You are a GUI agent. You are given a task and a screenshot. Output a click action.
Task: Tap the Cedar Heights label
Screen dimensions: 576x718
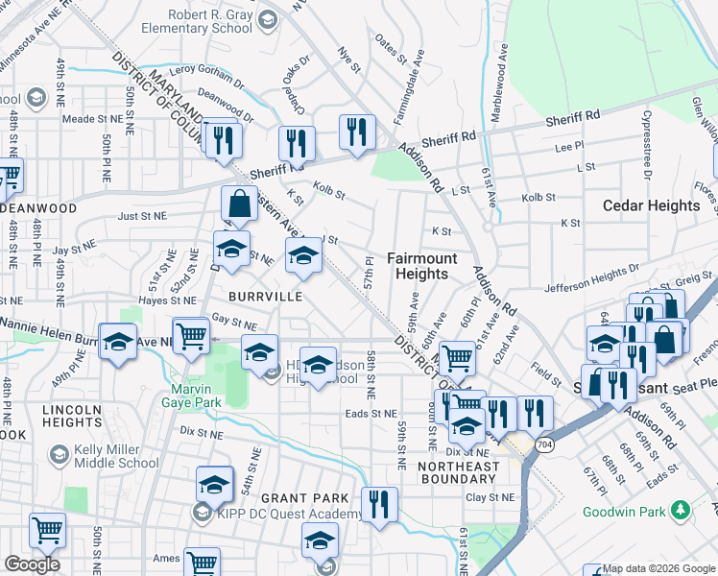[651, 205]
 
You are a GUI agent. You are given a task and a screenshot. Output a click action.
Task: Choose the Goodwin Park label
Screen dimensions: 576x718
[626, 511]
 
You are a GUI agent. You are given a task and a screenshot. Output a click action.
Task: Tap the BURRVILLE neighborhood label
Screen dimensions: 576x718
[265, 297]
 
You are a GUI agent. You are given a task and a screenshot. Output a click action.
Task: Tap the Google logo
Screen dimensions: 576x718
[32, 564]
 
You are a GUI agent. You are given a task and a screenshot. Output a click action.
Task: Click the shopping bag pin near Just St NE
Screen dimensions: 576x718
[238, 204]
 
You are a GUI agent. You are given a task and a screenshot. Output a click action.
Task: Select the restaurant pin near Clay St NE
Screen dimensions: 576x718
[379, 504]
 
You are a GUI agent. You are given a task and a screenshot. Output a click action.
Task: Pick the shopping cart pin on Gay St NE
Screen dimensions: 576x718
[192, 335]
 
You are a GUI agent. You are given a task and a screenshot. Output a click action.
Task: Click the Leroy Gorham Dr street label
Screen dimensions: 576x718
[206, 70]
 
